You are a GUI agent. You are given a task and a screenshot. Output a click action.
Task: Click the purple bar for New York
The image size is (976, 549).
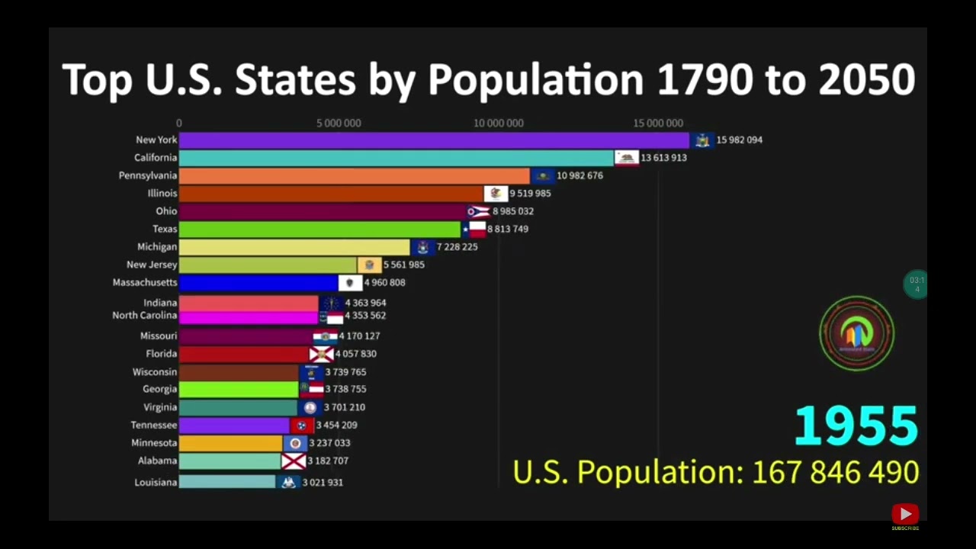point(433,140)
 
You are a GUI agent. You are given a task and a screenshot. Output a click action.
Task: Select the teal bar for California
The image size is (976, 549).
point(396,158)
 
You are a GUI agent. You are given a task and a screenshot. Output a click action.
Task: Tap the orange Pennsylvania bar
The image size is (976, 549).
point(354,176)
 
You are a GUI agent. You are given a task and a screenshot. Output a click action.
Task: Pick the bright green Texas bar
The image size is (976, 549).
point(320,230)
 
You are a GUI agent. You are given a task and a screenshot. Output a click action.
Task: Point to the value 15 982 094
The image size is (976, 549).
point(739,140)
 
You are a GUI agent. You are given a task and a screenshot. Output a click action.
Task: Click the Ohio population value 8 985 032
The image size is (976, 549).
point(513,211)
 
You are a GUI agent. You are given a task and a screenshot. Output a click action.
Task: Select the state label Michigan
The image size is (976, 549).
point(157,247)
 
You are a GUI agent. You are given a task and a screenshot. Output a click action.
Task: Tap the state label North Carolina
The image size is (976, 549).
point(145,316)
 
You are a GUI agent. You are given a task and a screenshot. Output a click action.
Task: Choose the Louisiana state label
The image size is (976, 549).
point(156,483)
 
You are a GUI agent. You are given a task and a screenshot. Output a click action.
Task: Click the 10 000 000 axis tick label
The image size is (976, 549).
point(499,124)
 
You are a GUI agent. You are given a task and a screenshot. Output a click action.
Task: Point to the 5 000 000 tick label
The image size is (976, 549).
point(339,124)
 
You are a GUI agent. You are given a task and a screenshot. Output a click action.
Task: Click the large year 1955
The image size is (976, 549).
point(856,426)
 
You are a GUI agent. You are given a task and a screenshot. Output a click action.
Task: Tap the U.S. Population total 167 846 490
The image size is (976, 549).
point(835,473)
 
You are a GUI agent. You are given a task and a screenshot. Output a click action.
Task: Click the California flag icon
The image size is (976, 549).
point(627,158)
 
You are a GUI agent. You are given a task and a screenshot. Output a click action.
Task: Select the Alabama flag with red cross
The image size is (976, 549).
point(294,461)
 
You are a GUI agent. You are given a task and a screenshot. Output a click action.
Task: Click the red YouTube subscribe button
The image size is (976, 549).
point(905,515)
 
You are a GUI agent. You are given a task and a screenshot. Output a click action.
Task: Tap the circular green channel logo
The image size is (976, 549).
point(857,334)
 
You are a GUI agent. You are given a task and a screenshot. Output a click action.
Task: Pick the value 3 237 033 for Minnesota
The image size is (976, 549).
point(329,443)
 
